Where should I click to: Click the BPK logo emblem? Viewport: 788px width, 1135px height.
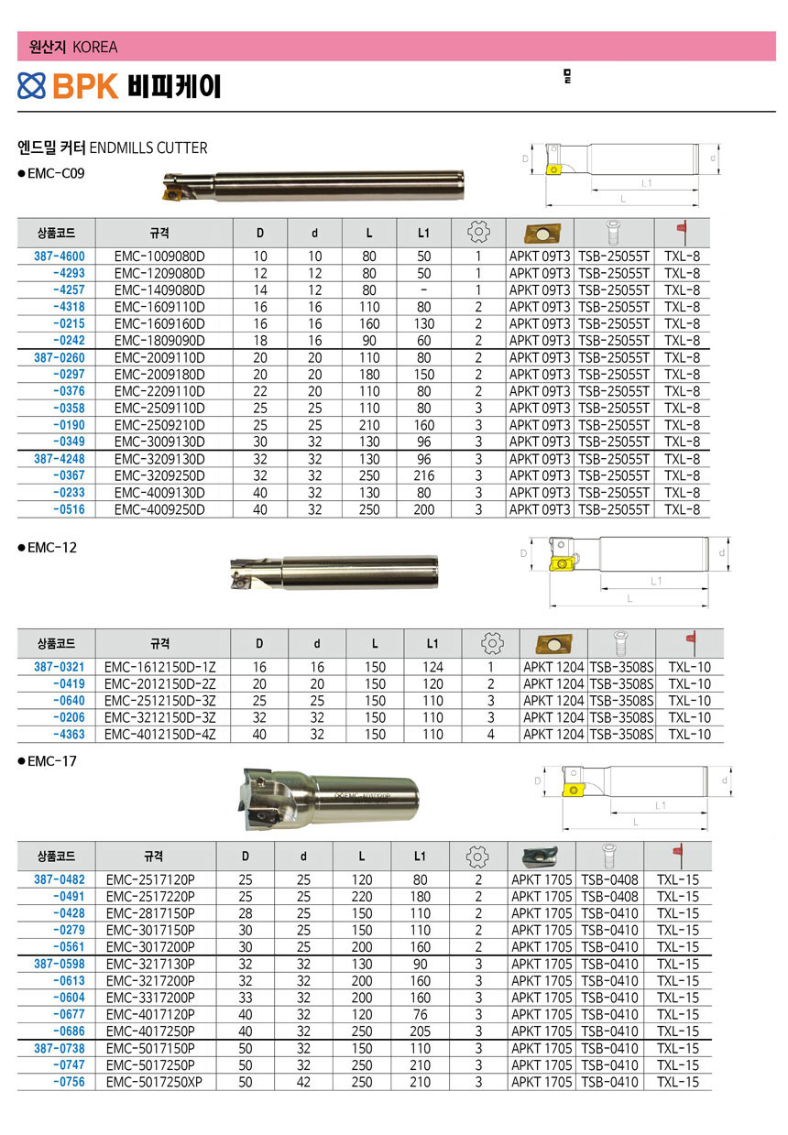[31, 85]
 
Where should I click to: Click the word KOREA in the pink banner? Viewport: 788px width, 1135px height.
[94, 47]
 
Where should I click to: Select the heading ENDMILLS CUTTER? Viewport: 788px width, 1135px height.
[148, 148]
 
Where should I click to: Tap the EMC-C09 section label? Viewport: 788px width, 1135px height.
[56, 174]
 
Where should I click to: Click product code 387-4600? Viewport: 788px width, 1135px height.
[60, 256]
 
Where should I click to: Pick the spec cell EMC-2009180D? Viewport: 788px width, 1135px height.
[159, 375]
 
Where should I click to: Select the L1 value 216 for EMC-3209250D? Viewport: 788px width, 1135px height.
[423, 475]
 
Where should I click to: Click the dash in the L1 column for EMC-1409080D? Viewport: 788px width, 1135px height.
[423, 290]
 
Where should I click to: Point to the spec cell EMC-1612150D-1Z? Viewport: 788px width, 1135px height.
[159, 667]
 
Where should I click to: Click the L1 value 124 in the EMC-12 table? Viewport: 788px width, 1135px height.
[432, 667]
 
